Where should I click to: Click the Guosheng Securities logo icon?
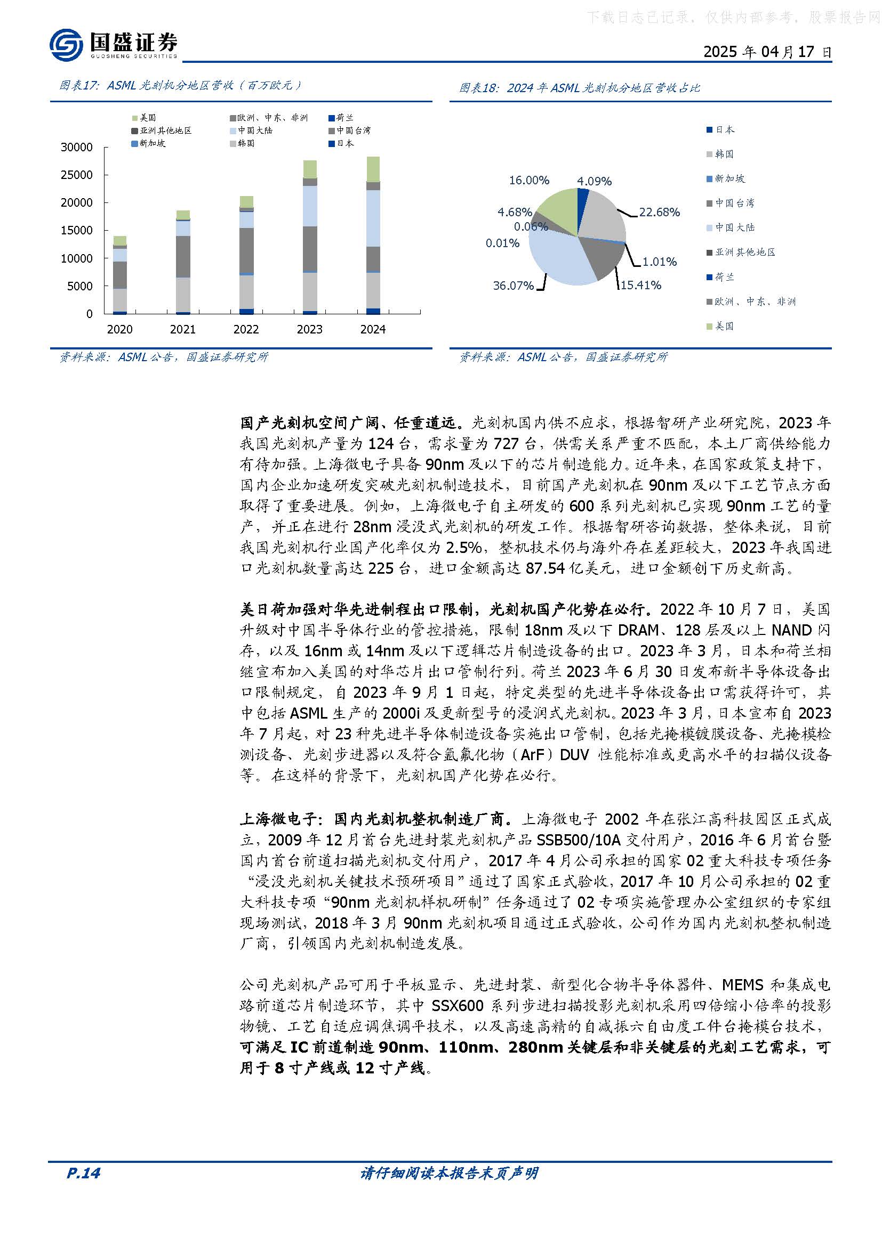(x=66, y=45)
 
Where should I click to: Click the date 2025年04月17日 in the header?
(x=767, y=52)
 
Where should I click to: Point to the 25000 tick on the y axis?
(x=77, y=175)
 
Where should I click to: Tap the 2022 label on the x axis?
(x=246, y=329)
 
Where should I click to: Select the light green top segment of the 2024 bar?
(x=373, y=169)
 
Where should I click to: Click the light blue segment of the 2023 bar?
(x=310, y=206)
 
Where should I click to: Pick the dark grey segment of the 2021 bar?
(x=183, y=256)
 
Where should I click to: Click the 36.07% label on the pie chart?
(x=513, y=286)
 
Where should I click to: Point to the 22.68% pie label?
(x=659, y=212)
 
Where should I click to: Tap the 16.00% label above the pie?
(x=529, y=180)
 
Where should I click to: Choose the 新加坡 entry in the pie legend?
(x=729, y=178)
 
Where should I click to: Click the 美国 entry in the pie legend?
(x=724, y=326)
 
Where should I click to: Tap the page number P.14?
(x=83, y=1172)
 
